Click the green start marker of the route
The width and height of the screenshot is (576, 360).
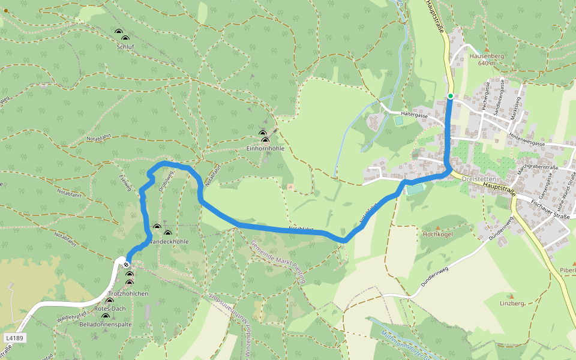coord(450,95)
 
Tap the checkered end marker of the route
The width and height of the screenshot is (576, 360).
coord(126,264)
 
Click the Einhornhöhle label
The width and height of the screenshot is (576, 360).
coord(265,148)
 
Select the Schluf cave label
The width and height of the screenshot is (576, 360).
coord(125,46)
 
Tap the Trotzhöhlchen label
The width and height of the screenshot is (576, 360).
coord(128,293)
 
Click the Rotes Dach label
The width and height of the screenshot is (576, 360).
coord(110,308)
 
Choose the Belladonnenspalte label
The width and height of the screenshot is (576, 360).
coord(106,324)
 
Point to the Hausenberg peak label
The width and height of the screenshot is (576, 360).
coord(486,55)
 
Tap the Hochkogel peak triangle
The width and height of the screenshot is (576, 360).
coord(437,227)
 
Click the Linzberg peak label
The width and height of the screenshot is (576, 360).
coord(511,304)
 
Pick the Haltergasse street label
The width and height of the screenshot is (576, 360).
coord(414,115)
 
